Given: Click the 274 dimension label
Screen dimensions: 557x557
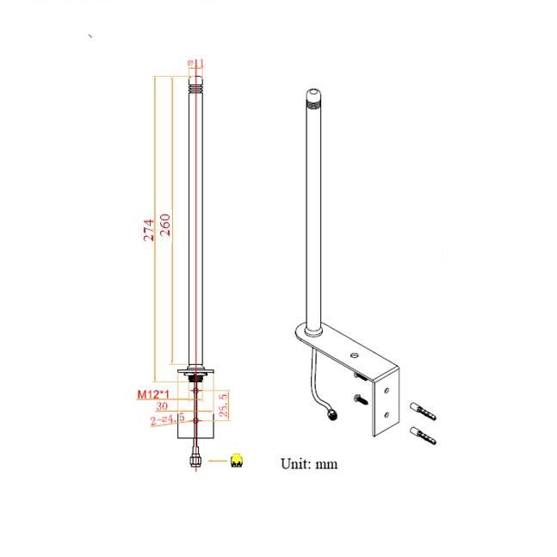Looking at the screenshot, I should [x=148, y=228].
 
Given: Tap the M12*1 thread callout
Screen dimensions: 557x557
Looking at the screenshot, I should [x=152, y=394].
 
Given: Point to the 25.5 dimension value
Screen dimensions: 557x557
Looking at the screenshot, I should [x=222, y=403].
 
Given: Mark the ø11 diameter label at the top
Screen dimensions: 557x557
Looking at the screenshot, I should [x=196, y=62].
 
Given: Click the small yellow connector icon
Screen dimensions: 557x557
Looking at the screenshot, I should [x=237, y=462].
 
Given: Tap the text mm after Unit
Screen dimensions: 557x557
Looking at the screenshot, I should [x=327, y=465].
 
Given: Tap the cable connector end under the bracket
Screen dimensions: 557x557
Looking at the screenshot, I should [x=331, y=419].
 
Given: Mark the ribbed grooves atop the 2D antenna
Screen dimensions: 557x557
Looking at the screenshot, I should [x=197, y=85].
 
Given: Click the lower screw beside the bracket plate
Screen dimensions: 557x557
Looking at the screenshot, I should [x=360, y=399].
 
